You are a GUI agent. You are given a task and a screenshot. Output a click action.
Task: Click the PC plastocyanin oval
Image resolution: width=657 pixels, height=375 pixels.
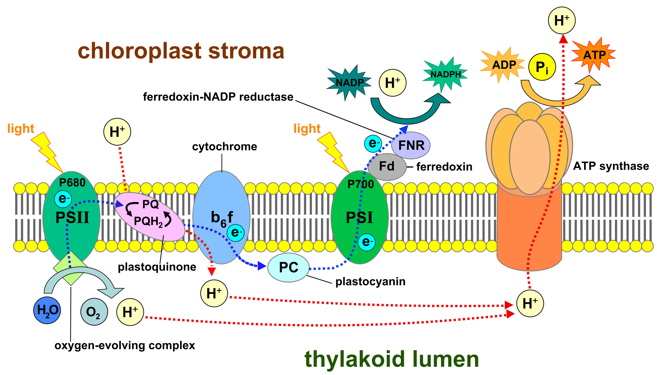click(288, 268)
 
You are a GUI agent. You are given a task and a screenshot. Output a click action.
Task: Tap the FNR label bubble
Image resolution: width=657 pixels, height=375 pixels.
click(411, 145)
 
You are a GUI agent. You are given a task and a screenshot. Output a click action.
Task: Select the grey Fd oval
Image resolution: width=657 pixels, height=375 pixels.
click(387, 166)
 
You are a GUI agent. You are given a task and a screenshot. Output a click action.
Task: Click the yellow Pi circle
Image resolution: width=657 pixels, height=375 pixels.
click(542, 67)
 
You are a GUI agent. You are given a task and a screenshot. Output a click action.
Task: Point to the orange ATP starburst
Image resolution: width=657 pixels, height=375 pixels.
click(594, 55)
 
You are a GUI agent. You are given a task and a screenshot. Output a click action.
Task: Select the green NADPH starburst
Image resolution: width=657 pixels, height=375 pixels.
click(445, 75)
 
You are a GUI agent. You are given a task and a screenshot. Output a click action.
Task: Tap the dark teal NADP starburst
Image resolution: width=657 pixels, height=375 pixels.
click(350, 82)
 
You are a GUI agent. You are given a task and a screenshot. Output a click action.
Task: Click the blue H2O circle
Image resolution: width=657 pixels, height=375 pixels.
click(47, 310)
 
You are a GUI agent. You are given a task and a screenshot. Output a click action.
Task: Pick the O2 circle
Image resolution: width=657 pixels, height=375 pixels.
click(94, 312)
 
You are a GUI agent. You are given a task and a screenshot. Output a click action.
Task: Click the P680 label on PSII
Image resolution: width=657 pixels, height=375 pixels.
click(72, 182)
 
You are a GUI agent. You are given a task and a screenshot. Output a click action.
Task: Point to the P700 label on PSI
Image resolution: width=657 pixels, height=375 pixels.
click(360, 184)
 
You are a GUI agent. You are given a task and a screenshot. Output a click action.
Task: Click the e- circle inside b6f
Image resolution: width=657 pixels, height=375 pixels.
click(236, 232)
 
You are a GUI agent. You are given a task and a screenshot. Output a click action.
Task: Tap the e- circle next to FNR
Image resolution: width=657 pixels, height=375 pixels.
click(373, 143)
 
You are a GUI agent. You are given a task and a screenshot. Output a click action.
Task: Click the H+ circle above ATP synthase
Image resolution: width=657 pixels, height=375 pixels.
click(562, 20)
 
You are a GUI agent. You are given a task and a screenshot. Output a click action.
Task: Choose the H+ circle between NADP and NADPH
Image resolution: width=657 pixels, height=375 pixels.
click(393, 83)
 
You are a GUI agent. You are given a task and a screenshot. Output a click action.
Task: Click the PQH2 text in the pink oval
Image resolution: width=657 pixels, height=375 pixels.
click(148, 221)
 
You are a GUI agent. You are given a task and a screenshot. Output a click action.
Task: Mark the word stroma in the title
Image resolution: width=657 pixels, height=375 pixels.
click(246, 51)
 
